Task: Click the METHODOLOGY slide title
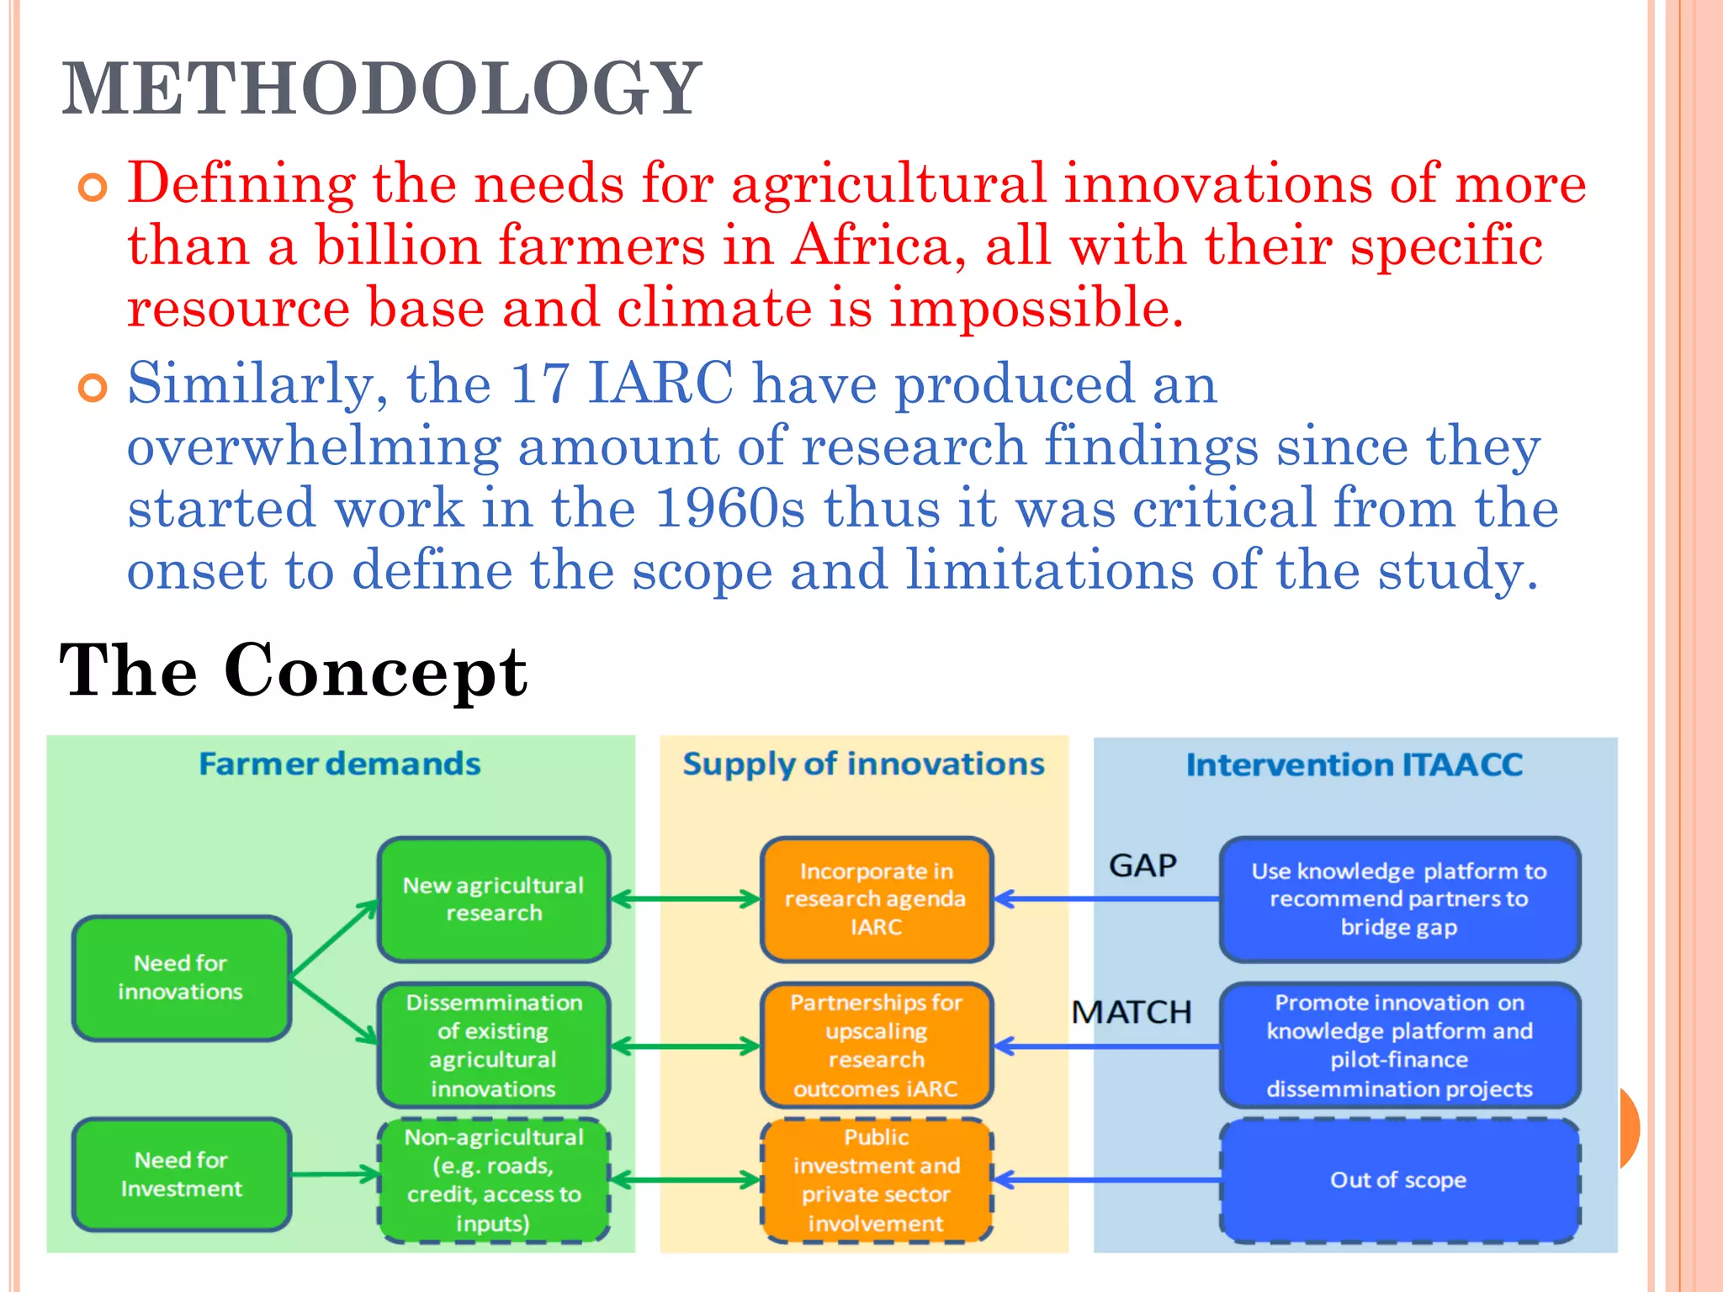[x=381, y=89]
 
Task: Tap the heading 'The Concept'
[x=293, y=670]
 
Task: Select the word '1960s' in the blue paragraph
[x=729, y=508]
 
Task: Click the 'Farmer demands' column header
[x=340, y=764]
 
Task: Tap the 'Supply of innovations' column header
[x=863, y=764]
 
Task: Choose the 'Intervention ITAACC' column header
[x=1355, y=765]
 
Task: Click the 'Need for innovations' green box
[x=181, y=977]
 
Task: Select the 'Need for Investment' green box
[x=181, y=1174]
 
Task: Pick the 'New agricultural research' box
[x=494, y=899]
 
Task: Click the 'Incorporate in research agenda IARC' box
[x=876, y=899]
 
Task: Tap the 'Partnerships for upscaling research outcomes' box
[x=876, y=1046]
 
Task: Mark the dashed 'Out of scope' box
[x=1398, y=1180]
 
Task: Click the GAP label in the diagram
[x=1142, y=866]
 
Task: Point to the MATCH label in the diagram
[x=1132, y=1012]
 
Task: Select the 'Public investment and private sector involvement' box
[x=876, y=1180]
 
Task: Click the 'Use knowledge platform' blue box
[x=1398, y=899]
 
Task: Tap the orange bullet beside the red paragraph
[x=93, y=188]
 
